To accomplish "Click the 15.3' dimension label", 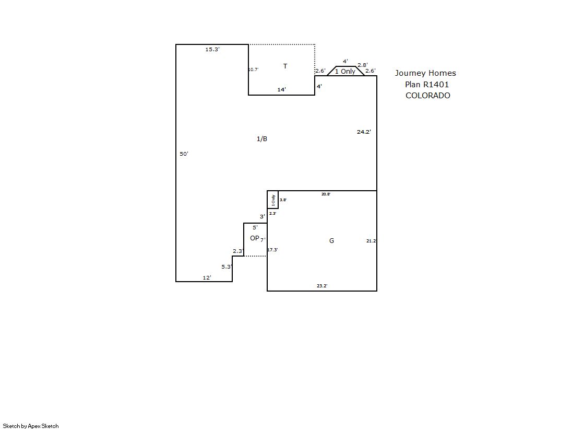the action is click(212, 49).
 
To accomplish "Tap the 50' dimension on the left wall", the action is click(184, 154).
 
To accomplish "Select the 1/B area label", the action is click(262, 139).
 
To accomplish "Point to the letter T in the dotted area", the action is click(285, 66).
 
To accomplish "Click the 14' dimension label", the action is click(282, 89).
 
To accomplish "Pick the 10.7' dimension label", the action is click(253, 69).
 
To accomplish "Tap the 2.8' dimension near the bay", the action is click(362, 65).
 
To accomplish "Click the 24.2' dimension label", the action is click(364, 132).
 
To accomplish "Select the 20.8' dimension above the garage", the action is click(326, 194).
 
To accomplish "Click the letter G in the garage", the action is click(331, 240).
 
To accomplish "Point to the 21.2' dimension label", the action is click(371, 241).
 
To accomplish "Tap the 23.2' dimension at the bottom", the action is click(322, 286).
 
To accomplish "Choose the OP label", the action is click(254, 238).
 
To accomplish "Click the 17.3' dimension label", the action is click(272, 250).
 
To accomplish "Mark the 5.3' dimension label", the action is click(227, 266).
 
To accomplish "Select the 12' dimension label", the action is click(207, 277).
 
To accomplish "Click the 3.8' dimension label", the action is click(283, 200).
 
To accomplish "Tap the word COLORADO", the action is click(427, 96).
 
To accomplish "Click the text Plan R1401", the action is click(427, 84).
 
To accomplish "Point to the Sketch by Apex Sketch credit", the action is click(31, 426).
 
